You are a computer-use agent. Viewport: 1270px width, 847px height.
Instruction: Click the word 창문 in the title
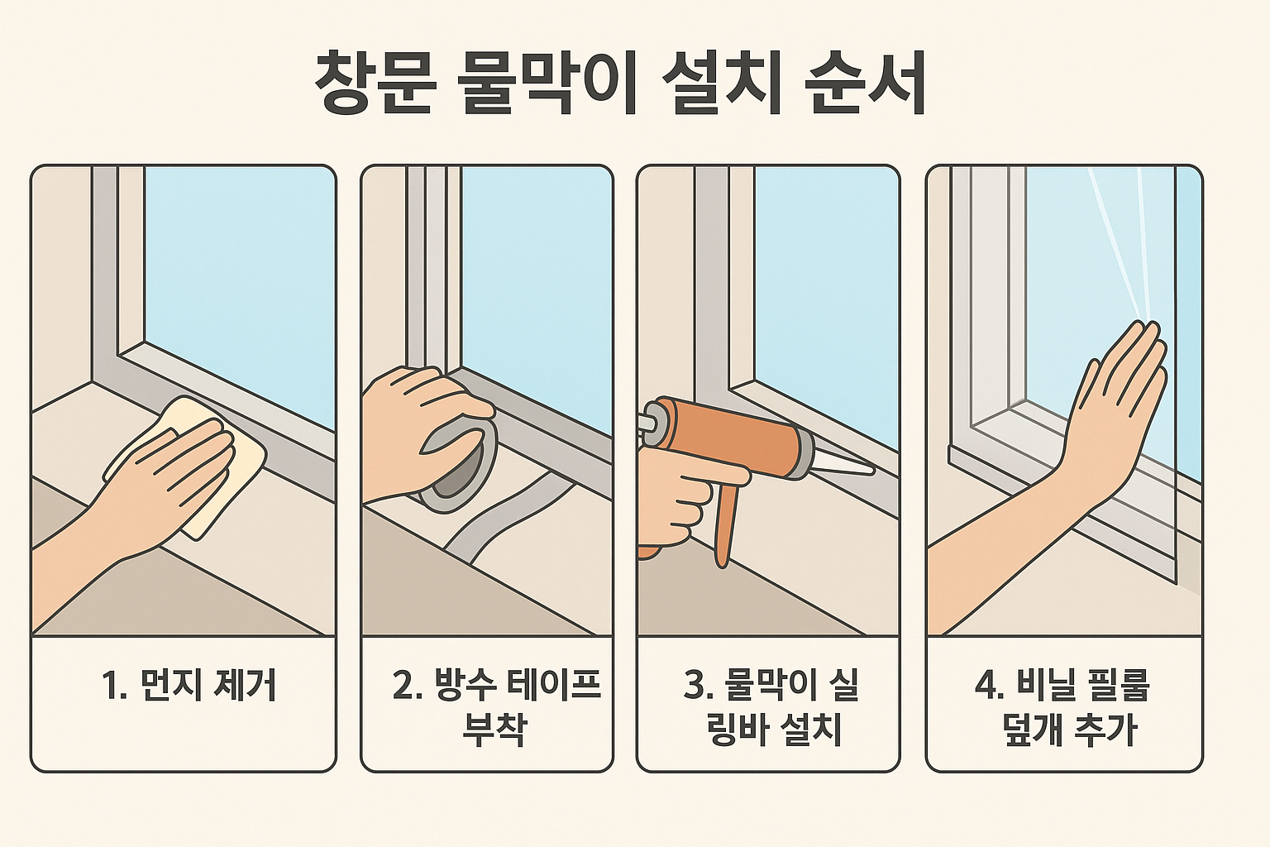[375, 84]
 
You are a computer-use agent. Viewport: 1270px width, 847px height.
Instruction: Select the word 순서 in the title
[866, 84]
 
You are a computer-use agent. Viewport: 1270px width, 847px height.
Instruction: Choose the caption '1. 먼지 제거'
[189, 686]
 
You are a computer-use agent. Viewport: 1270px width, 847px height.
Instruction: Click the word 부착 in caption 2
[494, 730]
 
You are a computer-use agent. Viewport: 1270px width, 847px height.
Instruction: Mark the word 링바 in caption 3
[741, 730]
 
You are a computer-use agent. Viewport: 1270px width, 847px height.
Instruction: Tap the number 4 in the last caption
[986, 686]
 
